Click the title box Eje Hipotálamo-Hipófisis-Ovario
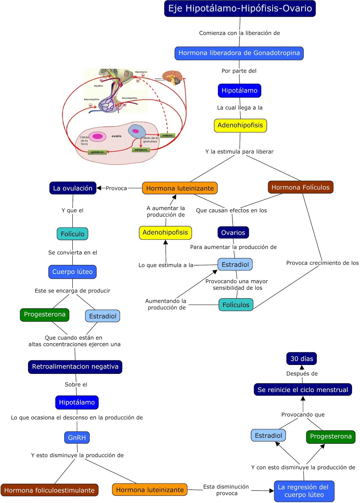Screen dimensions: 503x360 [240, 8]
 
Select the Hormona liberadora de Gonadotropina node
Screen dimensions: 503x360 [239, 53]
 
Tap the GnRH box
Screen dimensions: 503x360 [77, 437]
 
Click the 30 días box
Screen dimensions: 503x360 [301, 359]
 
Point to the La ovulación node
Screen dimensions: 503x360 [73, 188]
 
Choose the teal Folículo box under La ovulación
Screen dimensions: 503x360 [72, 234]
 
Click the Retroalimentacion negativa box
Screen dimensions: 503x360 [75, 367]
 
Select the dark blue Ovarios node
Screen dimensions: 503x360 [233, 233]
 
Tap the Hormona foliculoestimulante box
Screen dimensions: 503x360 [49, 490]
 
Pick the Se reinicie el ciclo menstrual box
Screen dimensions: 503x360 [303, 390]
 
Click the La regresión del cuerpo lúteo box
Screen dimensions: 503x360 [304, 491]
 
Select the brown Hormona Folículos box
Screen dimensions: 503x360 [300, 187]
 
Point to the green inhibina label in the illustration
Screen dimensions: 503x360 [167, 135]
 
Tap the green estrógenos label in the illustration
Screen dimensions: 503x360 [141, 150]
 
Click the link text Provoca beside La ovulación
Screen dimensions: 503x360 [116, 188]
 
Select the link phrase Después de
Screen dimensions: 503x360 [302, 373]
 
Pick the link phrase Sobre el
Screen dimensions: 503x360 [76, 384]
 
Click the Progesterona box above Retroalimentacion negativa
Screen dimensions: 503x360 [45, 315]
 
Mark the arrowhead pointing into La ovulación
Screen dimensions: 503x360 [99, 188]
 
